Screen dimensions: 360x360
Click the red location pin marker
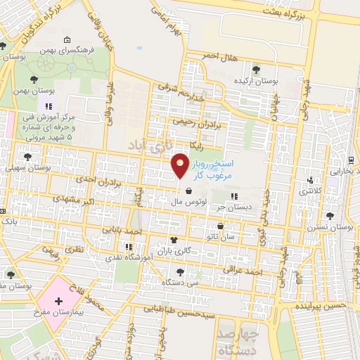click(179, 167)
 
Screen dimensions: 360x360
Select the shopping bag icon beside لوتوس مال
click(189, 190)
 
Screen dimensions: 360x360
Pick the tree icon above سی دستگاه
click(181, 271)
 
